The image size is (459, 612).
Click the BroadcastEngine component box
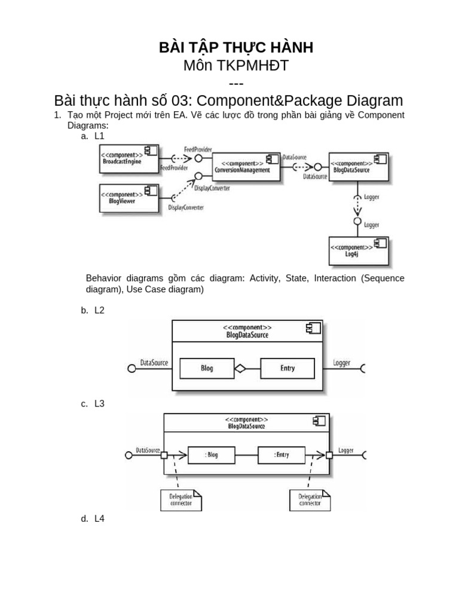pos(129,159)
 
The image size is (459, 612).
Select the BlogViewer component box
pos(129,198)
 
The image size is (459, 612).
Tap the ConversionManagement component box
pos(247,167)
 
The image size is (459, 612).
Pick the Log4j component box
pos(359,251)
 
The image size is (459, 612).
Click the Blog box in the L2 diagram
pos(207,368)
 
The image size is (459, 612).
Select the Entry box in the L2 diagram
pos(287,368)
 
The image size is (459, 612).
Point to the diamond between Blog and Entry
pos(240,368)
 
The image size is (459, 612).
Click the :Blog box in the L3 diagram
pos(212,455)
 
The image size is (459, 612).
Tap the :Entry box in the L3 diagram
pos(281,455)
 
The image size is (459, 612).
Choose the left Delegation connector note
pos(181,500)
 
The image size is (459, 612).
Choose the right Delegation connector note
pos(310,500)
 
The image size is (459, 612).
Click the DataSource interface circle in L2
pos(132,368)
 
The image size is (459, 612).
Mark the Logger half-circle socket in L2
pos(363,368)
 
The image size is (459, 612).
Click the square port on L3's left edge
pos(164,455)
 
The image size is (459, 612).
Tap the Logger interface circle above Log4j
pos(357,221)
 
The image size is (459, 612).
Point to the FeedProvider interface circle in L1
pos(198,158)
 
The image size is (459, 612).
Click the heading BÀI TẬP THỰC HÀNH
pos(236,48)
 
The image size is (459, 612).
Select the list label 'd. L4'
pos(93,519)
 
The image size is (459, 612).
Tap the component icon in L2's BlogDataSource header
pos(313,328)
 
